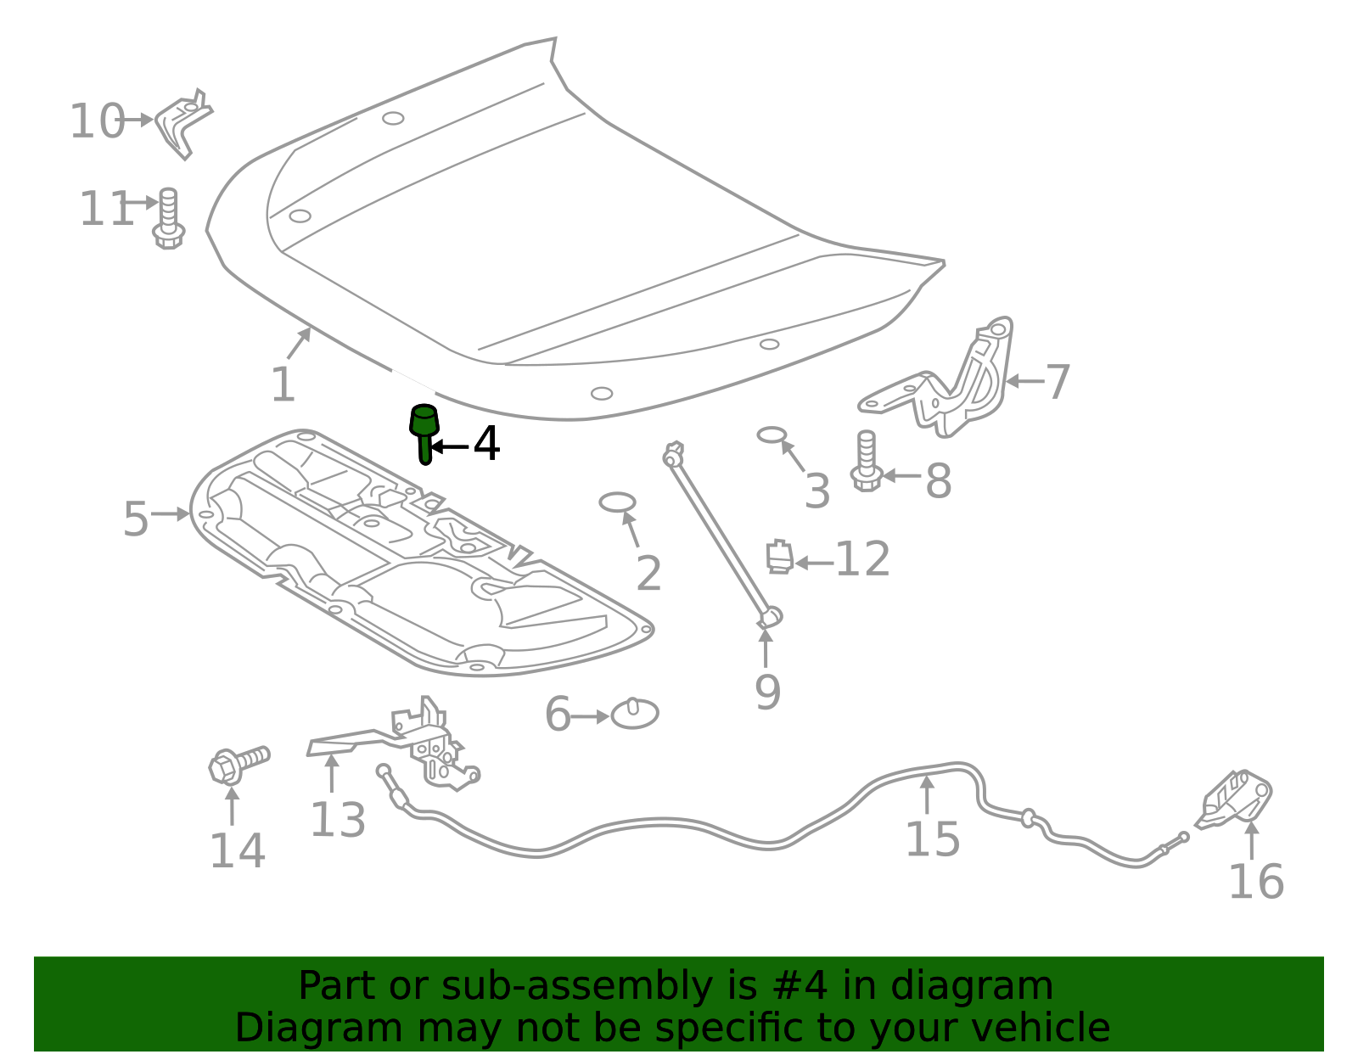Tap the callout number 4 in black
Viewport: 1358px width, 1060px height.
click(486, 444)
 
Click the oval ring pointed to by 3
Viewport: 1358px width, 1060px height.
click(772, 435)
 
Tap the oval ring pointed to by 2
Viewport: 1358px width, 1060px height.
click(617, 502)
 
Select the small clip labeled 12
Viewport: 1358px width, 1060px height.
click(779, 557)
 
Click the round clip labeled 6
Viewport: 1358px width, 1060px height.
click(635, 714)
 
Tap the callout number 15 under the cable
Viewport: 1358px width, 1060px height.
click(932, 839)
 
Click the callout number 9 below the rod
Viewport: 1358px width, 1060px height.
click(767, 693)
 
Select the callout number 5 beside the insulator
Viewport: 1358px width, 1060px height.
click(136, 519)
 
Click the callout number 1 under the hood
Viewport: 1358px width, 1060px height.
click(283, 384)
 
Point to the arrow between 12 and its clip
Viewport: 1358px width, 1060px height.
click(813, 562)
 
